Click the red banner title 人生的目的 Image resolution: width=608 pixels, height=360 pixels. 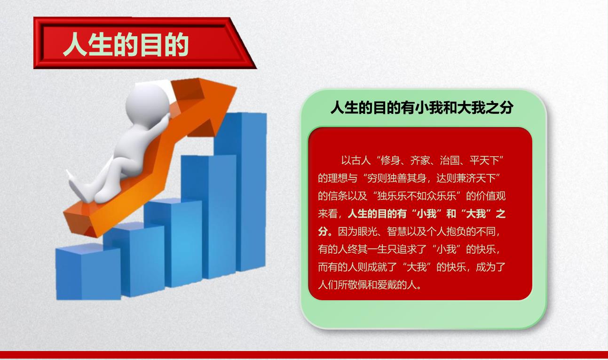point(126,45)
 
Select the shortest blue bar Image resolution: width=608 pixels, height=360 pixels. point(88,272)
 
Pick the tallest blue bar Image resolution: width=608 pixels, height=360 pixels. point(240,192)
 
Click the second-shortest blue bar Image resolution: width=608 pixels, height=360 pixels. point(134,259)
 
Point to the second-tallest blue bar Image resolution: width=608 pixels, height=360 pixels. point(208,216)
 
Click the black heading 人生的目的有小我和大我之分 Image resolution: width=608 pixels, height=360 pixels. point(422,108)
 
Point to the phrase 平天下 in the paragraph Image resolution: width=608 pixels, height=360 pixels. point(484,161)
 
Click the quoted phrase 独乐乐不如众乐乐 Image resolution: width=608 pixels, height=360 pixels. point(417,196)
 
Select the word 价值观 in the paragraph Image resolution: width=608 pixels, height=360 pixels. point(491,196)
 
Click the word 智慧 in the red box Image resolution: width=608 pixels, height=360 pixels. point(397,232)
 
